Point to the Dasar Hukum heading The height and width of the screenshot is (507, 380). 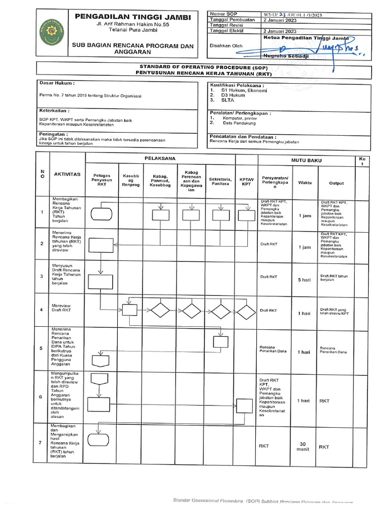(x=57, y=84)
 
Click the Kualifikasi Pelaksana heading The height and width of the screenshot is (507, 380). (x=237, y=85)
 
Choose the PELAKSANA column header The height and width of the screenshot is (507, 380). (x=160, y=158)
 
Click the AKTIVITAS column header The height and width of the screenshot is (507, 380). (x=67, y=175)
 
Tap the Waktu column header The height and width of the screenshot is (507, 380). (x=305, y=183)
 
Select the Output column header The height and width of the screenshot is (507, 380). (x=336, y=183)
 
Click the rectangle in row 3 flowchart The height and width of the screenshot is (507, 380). (x=100, y=281)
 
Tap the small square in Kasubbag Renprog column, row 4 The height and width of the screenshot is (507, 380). (x=129, y=310)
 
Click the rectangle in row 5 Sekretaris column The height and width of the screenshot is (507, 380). (x=220, y=341)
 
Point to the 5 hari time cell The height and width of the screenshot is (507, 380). (x=304, y=280)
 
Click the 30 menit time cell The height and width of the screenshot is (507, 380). (x=304, y=447)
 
